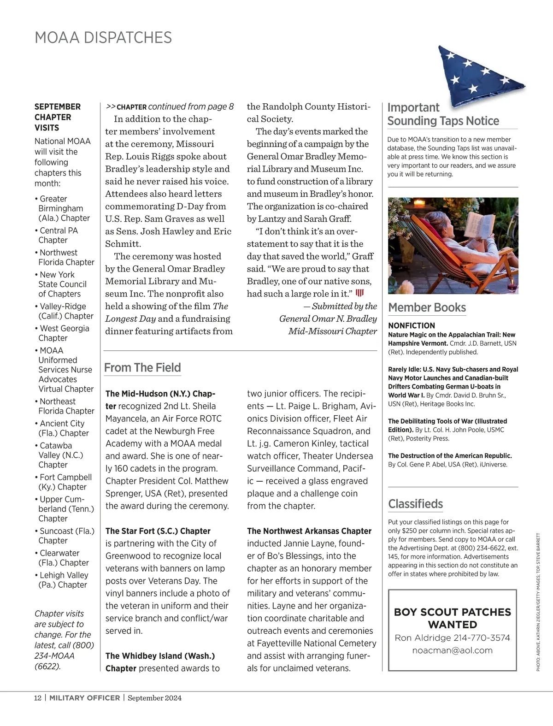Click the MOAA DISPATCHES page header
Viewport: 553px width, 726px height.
click(103, 37)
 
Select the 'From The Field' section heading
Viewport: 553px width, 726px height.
click(142, 367)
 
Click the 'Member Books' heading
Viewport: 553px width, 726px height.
click(427, 307)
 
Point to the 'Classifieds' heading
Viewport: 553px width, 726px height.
click(415, 503)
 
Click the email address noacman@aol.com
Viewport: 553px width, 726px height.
click(452, 650)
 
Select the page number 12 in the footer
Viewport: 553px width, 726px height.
click(38, 698)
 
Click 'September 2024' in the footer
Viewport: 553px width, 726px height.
click(154, 698)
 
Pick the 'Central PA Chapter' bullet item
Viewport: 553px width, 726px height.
click(58, 235)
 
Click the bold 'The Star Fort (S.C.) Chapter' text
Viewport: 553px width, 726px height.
click(158, 531)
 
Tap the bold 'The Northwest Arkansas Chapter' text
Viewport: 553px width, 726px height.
click(309, 531)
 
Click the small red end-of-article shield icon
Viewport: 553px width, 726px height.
click(360, 293)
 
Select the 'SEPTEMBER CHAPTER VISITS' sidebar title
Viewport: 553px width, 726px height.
click(57, 117)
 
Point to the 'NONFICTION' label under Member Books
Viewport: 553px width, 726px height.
click(412, 325)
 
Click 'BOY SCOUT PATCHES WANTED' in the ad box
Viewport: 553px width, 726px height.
click(452, 618)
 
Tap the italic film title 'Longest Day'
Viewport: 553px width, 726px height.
click(130, 319)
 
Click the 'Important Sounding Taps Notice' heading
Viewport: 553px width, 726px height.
click(443, 114)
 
